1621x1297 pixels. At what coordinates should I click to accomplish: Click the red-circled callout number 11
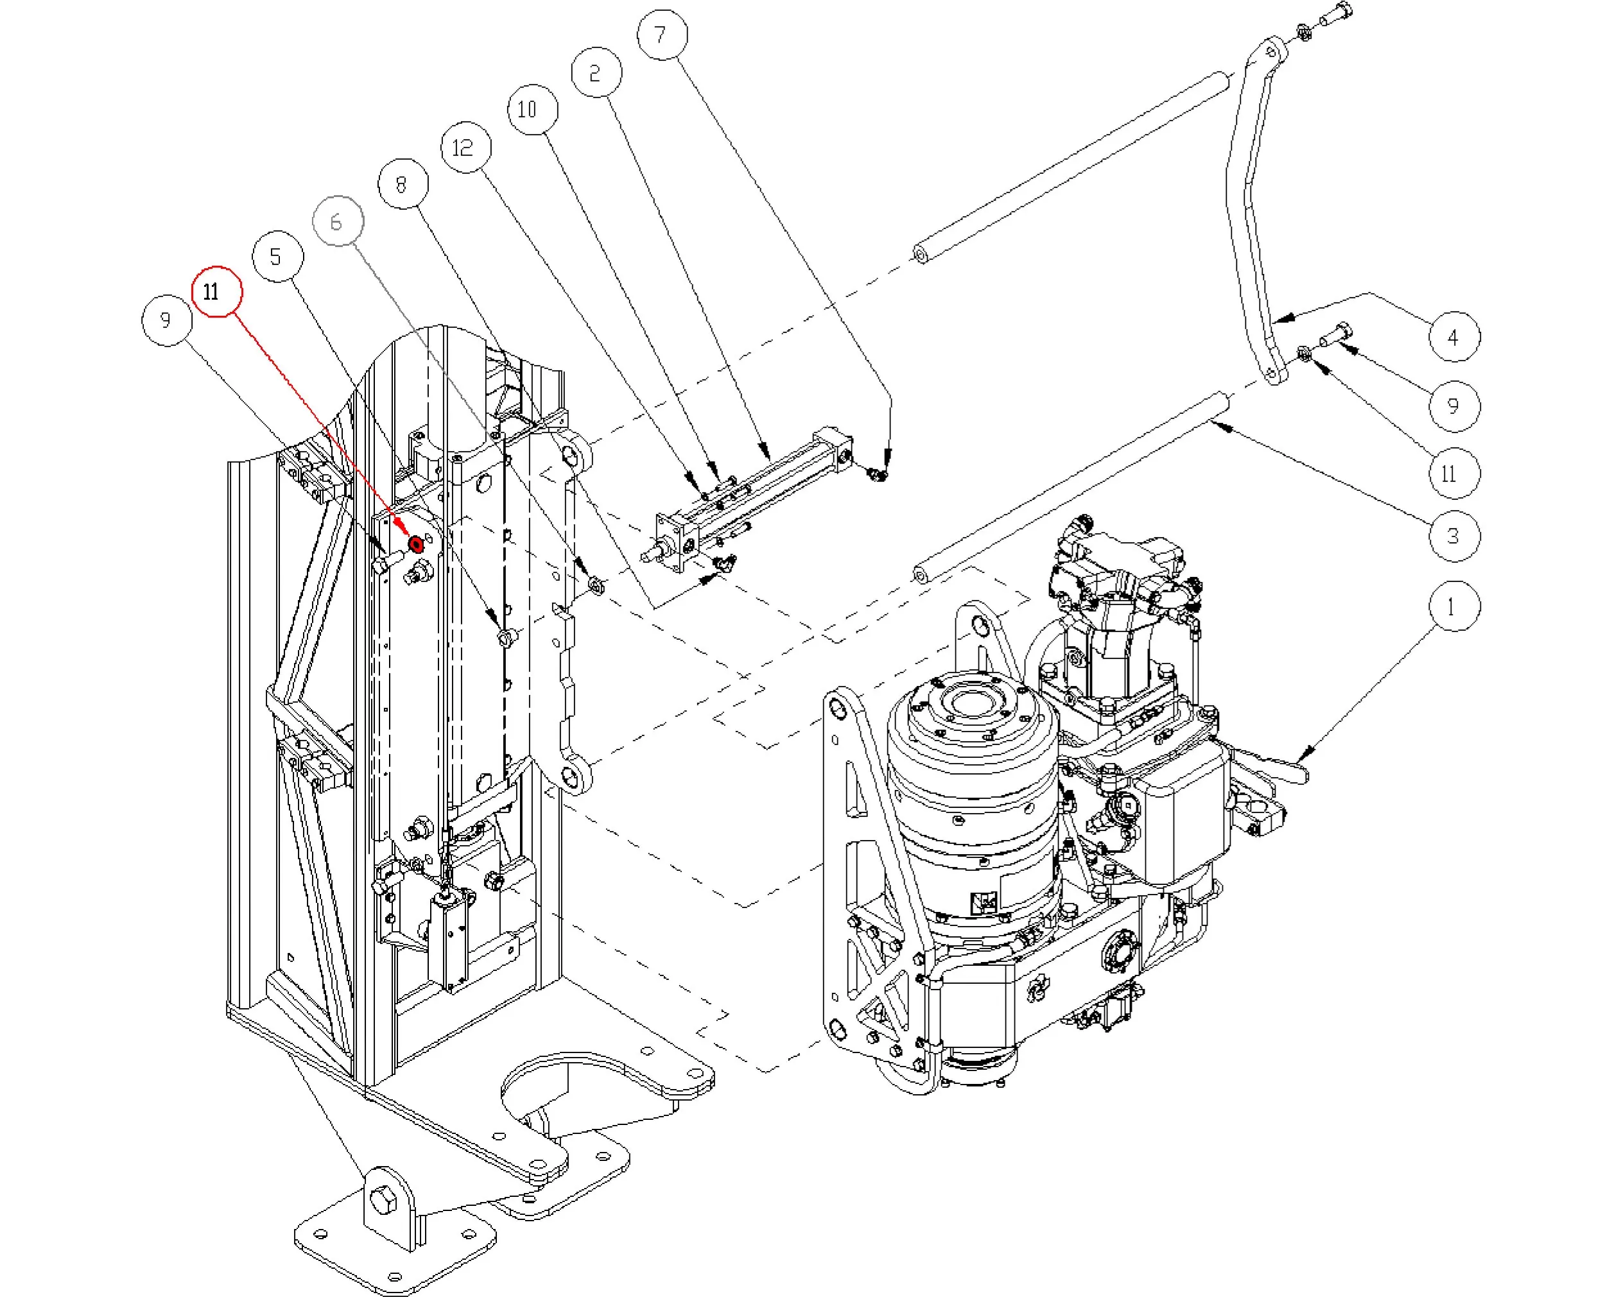tap(216, 291)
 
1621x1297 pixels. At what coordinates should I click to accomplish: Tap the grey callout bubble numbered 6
tap(337, 221)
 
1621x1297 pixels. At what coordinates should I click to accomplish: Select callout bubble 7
tap(662, 35)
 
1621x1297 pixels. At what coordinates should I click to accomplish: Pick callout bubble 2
tap(596, 73)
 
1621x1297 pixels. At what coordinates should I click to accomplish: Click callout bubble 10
tap(532, 110)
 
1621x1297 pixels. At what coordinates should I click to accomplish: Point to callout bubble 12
tap(465, 147)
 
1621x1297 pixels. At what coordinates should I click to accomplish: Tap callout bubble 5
tap(277, 257)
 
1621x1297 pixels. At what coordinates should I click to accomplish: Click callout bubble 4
tap(1453, 337)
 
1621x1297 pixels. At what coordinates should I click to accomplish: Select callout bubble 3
tap(1453, 536)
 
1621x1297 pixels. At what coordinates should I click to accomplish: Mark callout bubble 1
tap(1453, 606)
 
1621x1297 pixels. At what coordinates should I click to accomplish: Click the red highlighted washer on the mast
tap(415, 544)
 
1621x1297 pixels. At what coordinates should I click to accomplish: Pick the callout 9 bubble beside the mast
tap(166, 320)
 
